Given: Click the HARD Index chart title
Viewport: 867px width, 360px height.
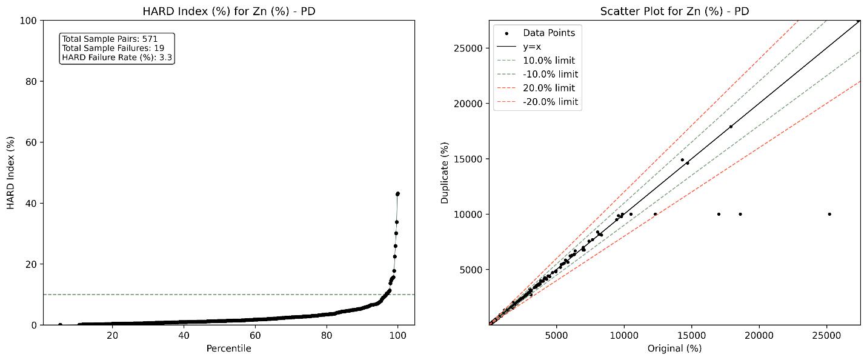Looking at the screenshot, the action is [229, 12].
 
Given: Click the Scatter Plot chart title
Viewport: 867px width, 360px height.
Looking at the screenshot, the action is [674, 12].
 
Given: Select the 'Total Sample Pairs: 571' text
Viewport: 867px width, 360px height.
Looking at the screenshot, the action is [110, 39].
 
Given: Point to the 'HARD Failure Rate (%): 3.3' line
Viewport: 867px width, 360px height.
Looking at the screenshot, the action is [117, 58].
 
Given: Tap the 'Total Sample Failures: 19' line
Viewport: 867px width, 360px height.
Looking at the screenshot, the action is [113, 48].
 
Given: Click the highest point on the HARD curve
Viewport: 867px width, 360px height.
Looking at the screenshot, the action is [397, 193].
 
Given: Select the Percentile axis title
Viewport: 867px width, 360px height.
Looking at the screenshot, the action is [229, 348].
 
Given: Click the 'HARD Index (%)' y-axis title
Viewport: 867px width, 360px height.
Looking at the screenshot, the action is [10, 173].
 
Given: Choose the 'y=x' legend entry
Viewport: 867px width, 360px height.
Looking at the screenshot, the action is [532, 47].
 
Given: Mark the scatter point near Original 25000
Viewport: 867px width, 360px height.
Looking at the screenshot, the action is [829, 214].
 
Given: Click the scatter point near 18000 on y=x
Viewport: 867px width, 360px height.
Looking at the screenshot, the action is [731, 127].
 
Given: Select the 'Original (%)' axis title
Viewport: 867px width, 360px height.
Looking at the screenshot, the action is [674, 348].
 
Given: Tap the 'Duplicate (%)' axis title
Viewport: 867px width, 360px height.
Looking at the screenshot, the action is [445, 173].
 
